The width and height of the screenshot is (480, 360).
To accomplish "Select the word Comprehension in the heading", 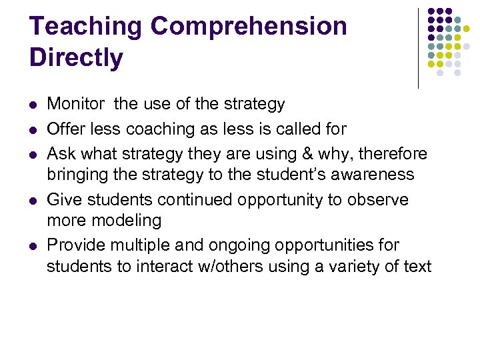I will (x=249, y=27).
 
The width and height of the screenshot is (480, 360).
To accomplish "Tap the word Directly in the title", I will (x=76, y=57).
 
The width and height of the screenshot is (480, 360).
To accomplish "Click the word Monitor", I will (x=75, y=104).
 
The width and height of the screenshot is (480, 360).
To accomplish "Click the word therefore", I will (x=395, y=153).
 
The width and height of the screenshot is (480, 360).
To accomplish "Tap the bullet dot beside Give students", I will (x=33, y=200).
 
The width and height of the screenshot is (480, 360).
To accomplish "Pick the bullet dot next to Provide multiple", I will (x=33, y=245).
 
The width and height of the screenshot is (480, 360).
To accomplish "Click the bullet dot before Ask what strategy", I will (x=33, y=153).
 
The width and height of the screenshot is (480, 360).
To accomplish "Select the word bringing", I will (x=75, y=175).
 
